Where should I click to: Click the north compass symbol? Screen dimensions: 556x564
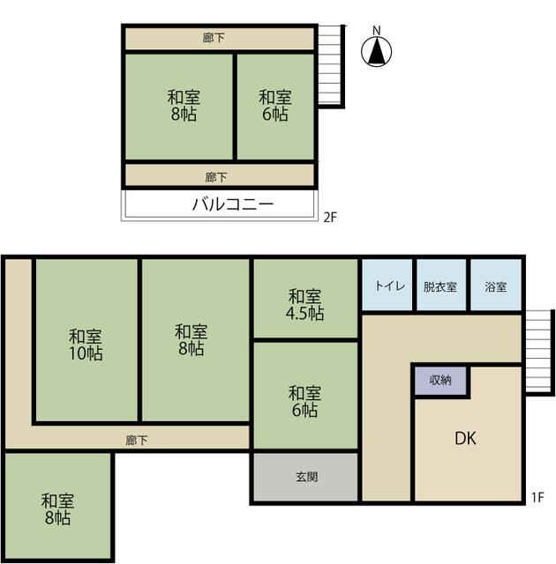pyautogui.click(x=376, y=51)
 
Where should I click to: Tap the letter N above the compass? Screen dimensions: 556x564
pyautogui.click(x=376, y=31)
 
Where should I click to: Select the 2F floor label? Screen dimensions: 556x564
pyautogui.click(x=330, y=218)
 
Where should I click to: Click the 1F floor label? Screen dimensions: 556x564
pyautogui.click(x=537, y=497)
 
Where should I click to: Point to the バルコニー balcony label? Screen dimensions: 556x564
pyautogui.click(x=233, y=204)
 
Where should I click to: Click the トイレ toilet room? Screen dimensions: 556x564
pyautogui.click(x=387, y=285)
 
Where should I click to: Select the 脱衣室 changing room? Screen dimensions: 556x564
pyautogui.click(x=441, y=285)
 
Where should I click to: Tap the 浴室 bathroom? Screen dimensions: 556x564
pyautogui.click(x=496, y=285)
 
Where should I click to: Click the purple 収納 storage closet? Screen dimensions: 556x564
pyautogui.click(x=440, y=381)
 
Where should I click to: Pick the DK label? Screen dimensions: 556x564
pyautogui.click(x=465, y=438)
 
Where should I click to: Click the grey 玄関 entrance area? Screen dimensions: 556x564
pyautogui.click(x=305, y=477)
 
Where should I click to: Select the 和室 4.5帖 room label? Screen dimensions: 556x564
pyautogui.click(x=304, y=305)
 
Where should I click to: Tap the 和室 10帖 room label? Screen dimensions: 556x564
pyautogui.click(x=86, y=345)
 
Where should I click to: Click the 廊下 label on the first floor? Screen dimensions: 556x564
pyautogui.click(x=137, y=441)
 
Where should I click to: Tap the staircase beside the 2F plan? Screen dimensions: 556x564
pyautogui.click(x=331, y=67)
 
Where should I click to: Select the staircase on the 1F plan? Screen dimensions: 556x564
pyautogui.click(x=539, y=352)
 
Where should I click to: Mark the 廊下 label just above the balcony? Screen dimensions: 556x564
pyautogui.click(x=216, y=177)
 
